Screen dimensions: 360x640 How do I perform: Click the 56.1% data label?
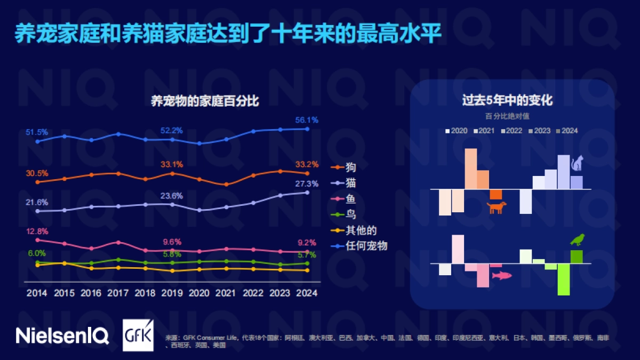(x=307, y=120)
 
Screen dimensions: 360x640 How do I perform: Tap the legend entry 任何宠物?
(x=366, y=246)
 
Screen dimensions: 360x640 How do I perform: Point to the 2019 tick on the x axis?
(x=172, y=293)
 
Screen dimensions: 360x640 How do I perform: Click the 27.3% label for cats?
(x=307, y=183)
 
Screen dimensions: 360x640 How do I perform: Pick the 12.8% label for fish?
(x=37, y=231)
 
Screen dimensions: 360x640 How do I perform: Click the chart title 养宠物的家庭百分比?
(x=205, y=101)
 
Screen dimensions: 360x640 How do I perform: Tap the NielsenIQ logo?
(x=62, y=335)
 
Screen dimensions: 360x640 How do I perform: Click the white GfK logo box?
(x=138, y=335)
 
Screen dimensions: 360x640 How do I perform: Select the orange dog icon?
(x=496, y=207)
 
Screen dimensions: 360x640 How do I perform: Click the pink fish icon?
(x=501, y=275)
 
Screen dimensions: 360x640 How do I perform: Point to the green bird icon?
(x=577, y=241)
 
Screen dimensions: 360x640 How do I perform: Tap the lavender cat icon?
(x=577, y=163)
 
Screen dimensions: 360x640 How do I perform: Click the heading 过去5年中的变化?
(x=507, y=100)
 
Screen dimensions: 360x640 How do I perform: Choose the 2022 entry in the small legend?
(x=514, y=131)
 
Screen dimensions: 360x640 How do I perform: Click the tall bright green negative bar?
(x=564, y=279)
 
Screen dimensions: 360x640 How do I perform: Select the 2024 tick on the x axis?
(x=307, y=293)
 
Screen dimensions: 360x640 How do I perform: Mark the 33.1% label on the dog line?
(x=172, y=164)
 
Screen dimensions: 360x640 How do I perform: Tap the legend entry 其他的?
(x=361, y=230)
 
